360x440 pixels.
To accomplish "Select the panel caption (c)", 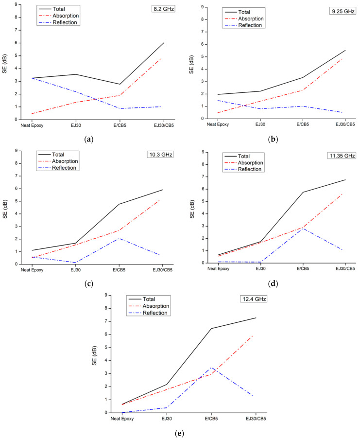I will click(x=88, y=284).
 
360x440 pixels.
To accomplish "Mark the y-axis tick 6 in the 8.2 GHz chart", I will click(x=17, y=43).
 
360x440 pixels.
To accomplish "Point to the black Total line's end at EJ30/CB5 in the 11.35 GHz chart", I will click(x=345, y=180).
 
